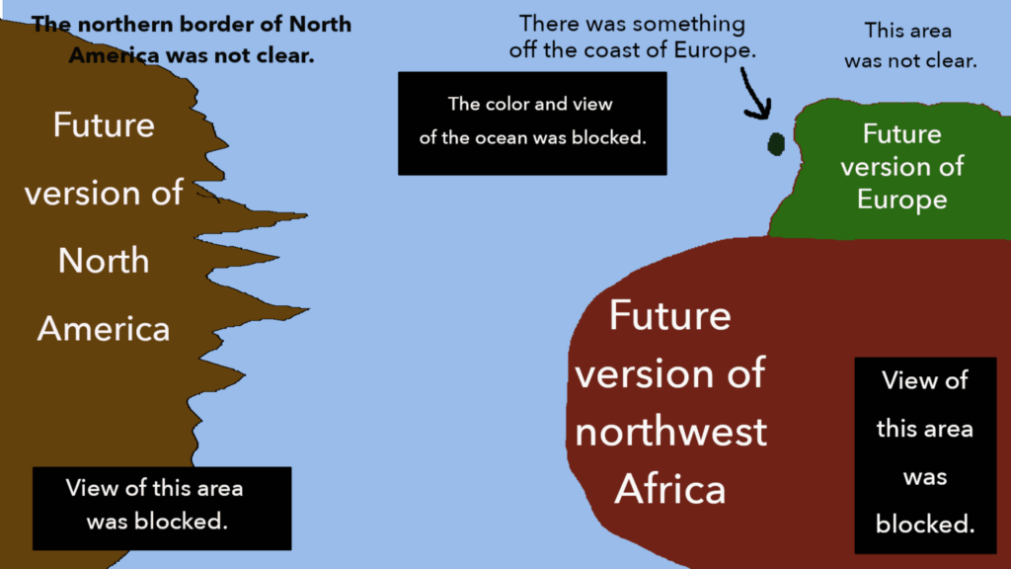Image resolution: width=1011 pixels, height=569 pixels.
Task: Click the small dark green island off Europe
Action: tap(776, 144)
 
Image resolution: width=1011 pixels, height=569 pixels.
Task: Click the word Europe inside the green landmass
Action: tap(901, 200)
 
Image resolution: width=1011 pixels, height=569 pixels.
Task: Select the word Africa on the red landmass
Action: tap(670, 489)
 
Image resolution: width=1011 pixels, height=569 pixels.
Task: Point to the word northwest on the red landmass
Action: tap(670, 432)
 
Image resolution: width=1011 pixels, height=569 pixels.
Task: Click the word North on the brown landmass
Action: tap(104, 261)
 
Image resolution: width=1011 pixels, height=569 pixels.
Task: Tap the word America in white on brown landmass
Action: tap(104, 329)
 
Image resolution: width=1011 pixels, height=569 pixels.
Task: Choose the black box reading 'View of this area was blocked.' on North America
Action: tap(162, 509)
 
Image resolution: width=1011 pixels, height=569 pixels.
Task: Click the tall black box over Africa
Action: tap(925, 454)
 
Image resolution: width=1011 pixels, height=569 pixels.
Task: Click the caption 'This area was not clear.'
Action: tap(910, 45)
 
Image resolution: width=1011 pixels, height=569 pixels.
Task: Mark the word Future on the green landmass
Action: tap(901, 134)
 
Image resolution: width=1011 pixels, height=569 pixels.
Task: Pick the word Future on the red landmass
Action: tap(670, 315)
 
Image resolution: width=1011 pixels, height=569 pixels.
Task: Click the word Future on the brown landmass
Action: tap(104, 124)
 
